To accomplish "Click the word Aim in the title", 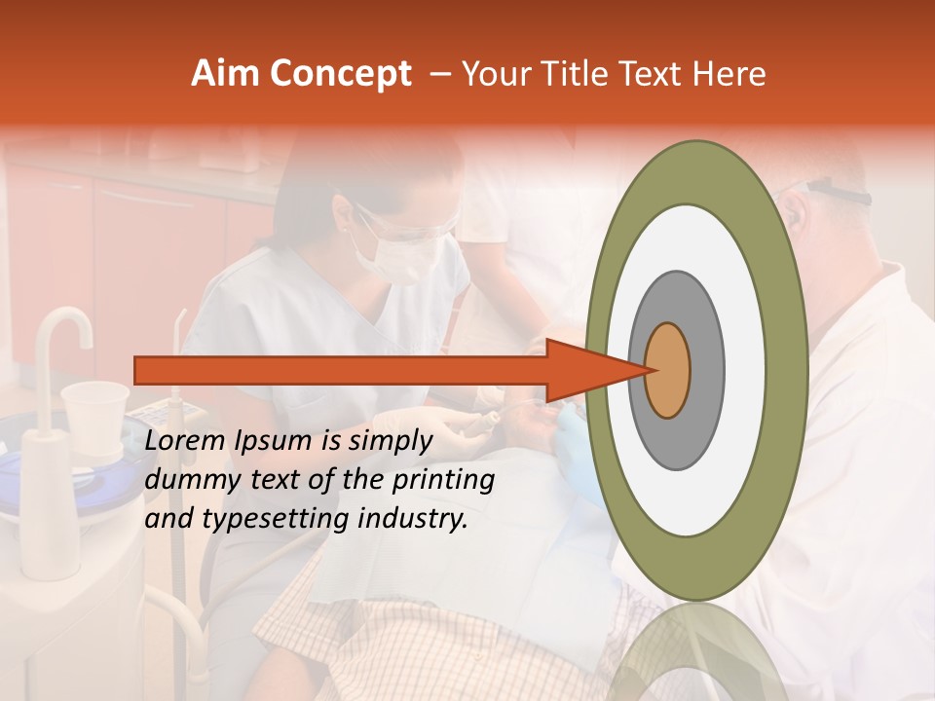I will click(x=226, y=74).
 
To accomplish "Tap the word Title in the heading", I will click(x=577, y=74).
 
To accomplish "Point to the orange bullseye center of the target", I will click(x=668, y=370).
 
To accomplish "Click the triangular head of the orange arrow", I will click(x=594, y=370).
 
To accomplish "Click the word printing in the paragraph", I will click(x=443, y=481).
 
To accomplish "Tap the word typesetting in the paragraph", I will click(x=274, y=520).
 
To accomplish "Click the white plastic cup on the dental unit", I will click(x=94, y=414).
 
